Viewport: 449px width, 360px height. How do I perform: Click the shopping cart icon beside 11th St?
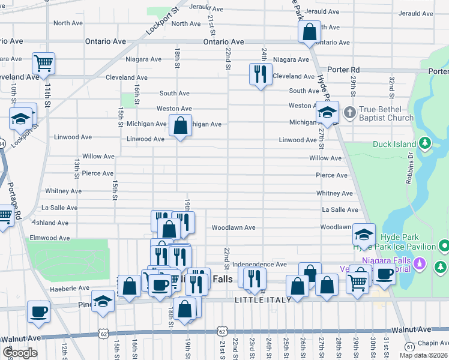point(43,62)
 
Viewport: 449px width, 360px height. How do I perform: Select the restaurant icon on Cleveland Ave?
point(259,74)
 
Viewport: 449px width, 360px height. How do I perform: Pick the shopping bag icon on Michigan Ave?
point(180,125)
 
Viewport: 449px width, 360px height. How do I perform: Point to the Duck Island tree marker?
point(425,143)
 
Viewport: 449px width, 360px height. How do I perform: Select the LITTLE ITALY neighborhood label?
point(263,300)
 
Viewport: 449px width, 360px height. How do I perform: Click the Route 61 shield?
point(409,346)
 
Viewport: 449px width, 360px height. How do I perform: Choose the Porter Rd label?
point(343,70)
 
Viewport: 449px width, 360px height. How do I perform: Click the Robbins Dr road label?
point(410,169)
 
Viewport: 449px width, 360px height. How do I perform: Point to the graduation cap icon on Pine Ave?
point(103,300)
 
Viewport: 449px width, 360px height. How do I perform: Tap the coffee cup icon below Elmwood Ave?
point(39,311)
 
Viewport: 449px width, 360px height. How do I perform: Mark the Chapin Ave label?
point(433,343)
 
